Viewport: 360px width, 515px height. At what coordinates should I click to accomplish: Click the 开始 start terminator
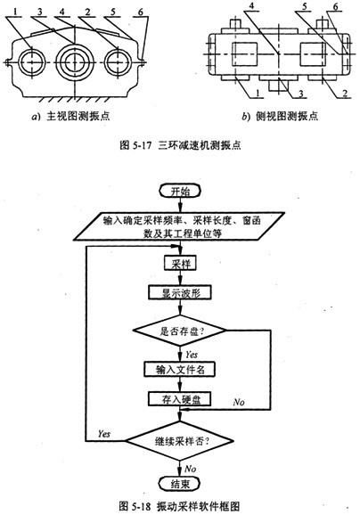pos(180,191)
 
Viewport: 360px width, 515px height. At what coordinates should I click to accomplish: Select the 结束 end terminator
pos(180,484)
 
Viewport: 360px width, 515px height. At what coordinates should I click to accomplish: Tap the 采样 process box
pos(180,264)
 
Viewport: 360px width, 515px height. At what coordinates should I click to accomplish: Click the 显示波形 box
pos(180,292)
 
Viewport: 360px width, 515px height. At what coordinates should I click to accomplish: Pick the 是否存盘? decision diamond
pos(179,331)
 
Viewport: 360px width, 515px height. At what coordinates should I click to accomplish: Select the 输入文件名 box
pos(180,369)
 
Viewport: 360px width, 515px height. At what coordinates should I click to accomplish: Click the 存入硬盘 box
pos(179,399)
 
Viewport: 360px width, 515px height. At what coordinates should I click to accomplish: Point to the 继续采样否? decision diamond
pos(180,441)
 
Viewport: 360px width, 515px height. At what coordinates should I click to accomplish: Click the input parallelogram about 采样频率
pos(178,226)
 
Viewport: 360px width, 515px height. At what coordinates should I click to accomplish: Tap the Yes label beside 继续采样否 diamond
pos(103,434)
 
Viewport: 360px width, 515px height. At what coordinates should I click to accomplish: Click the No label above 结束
pos(191,469)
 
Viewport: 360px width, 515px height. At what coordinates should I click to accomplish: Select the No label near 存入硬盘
pos(239,402)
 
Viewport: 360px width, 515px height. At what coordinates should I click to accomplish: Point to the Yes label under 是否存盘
pos(192,355)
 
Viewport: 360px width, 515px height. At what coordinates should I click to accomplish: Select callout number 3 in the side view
pos(301,94)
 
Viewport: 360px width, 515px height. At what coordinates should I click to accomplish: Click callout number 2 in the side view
pos(345,94)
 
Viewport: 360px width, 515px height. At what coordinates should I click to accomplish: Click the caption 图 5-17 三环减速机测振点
pos(180,145)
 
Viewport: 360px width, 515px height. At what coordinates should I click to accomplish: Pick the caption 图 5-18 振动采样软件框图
pos(179,506)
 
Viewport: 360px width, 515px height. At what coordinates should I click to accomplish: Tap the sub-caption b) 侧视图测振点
pos(280,116)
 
